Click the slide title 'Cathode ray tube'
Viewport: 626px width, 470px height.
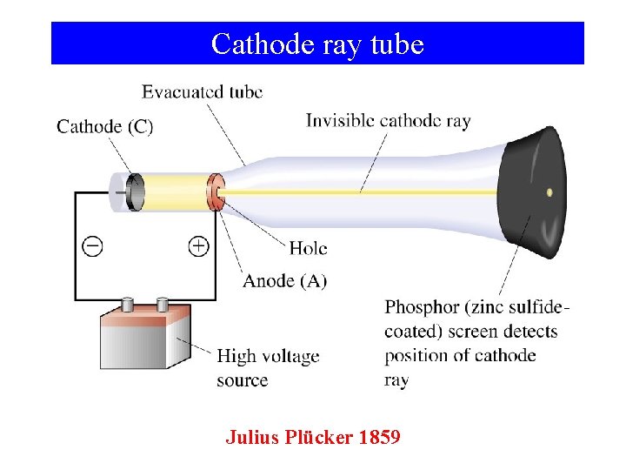[x=317, y=44]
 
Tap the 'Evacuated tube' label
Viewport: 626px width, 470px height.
[x=202, y=91]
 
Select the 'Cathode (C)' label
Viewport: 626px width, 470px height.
[x=104, y=126]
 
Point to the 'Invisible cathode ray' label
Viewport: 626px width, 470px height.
[x=388, y=121]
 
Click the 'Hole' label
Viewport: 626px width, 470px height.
[x=308, y=248]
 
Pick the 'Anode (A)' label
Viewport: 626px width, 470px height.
[x=285, y=280]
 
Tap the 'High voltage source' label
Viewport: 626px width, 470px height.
[x=268, y=367]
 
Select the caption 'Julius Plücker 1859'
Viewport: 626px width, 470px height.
[x=313, y=437]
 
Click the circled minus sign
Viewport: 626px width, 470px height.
[x=92, y=246]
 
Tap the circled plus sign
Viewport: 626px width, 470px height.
[x=198, y=246]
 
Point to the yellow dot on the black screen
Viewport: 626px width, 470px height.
[x=549, y=192]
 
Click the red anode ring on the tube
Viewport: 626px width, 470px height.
[x=213, y=192]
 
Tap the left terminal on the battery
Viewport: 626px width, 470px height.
[x=128, y=305]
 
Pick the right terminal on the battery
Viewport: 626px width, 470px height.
[x=162, y=304]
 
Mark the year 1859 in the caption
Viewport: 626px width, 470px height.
[x=379, y=437]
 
